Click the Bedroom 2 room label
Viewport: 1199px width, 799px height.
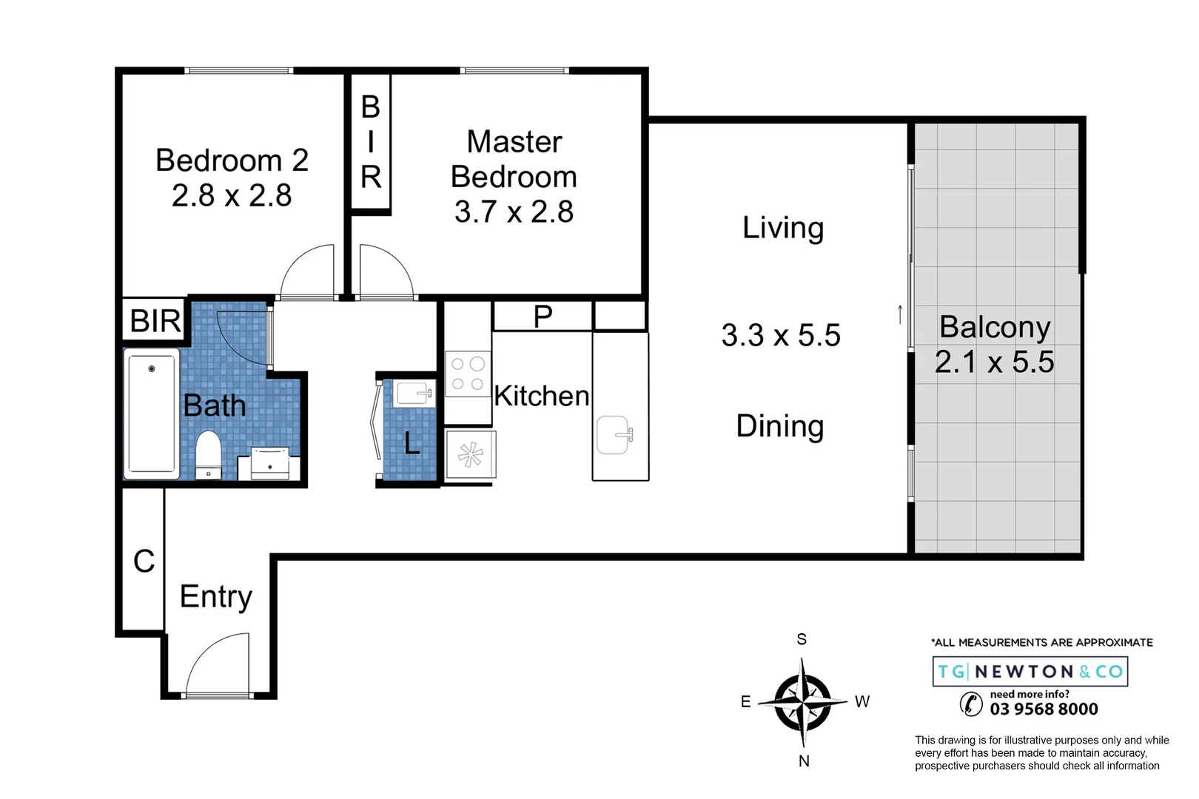(x=232, y=160)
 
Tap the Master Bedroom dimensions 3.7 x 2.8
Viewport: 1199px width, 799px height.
(x=514, y=212)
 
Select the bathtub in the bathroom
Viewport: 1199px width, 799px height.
(x=152, y=414)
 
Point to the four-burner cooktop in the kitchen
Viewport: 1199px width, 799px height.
(x=468, y=374)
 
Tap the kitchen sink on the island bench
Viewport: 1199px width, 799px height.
(x=614, y=435)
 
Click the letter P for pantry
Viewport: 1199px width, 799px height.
(x=543, y=317)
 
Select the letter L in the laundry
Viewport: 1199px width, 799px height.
(x=412, y=443)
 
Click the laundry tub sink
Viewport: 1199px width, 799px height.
(x=414, y=394)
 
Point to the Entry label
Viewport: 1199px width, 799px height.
(x=215, y=597)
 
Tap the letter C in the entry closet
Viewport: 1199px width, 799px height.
(x=144, y=562)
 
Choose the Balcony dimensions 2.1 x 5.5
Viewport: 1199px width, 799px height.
(x=995, y=362)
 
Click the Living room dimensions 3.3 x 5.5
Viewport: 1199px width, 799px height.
(x=781, y=336)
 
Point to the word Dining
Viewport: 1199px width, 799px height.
(x=780, y=427)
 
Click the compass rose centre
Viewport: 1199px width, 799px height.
(x=802, y=701)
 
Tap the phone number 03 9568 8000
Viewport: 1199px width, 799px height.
(x=1044, y=709)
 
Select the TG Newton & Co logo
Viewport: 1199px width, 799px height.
(x=1030, y=671)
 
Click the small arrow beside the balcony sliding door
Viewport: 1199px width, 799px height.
(x=900, y=314)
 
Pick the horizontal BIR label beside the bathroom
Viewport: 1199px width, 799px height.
(x=155, y=320)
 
